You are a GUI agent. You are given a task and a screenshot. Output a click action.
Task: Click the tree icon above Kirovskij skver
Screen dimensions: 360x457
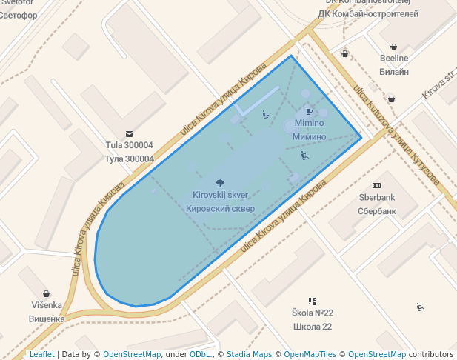pos(219,182)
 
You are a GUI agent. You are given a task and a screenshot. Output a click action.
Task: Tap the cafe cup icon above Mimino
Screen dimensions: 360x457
pos(309,112)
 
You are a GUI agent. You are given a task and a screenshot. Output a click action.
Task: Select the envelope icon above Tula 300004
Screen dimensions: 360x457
pos(130,134)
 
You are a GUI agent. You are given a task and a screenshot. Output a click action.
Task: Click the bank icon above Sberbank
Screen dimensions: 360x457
pos(376,185)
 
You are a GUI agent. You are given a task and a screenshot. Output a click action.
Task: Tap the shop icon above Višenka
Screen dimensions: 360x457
pos(47,293)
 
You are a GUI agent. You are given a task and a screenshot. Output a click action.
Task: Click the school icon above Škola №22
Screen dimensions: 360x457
pos(312,301)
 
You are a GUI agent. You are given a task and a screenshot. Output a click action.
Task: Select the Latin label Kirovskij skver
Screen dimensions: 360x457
pos(220,195)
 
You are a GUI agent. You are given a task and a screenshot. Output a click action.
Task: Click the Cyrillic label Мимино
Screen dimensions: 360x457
pos(309,136)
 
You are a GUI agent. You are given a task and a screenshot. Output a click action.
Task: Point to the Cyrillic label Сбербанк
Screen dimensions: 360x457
pos(377,210)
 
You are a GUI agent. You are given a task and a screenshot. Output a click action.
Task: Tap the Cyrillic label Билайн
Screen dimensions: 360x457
pos(393,72)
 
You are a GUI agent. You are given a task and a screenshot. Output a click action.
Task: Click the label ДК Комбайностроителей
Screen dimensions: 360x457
pos(368,13)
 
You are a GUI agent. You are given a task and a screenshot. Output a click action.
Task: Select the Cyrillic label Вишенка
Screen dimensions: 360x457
pos(47,319)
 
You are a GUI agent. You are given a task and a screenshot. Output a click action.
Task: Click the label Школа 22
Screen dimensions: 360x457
pos(312,326)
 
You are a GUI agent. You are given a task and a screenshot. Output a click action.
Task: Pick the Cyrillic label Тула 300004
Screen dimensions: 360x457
pos(130,159)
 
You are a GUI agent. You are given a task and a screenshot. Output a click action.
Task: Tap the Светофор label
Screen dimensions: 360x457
pos(19,14)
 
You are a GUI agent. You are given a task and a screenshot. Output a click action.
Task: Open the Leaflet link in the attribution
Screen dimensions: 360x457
pos(41,354)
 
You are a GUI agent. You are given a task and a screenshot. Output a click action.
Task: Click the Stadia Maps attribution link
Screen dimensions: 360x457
pos(249,354)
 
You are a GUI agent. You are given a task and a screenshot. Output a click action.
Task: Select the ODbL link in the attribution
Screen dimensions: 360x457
pos(200,354)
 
